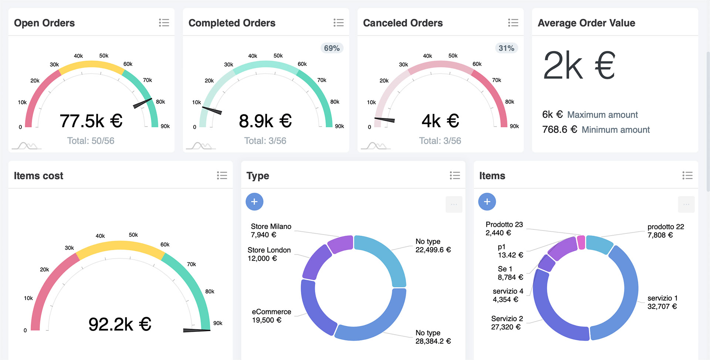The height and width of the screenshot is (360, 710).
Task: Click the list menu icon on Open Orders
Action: click(164, 23)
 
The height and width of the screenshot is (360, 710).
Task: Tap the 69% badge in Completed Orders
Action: click(331, 48)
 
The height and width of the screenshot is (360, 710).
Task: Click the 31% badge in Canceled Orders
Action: click(506, 48)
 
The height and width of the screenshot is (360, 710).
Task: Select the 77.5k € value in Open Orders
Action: click(91, 121)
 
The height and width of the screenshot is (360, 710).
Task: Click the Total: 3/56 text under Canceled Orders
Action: click(440, 141)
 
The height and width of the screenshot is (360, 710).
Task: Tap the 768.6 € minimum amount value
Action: click(559, 129)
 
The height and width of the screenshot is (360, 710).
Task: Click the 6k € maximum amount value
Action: click(552, 114)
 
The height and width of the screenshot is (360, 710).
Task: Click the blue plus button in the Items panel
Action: click(487, 202)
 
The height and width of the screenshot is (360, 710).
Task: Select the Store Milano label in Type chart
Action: click(271, 226)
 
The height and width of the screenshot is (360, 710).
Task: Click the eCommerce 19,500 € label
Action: click(271, 316)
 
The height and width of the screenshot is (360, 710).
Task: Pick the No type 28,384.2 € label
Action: click(433, 337)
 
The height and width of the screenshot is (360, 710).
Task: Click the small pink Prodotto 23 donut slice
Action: click(581, 242)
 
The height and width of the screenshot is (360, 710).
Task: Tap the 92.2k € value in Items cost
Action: click(120, 324)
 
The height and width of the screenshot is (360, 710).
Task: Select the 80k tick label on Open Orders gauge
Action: click(160, 102)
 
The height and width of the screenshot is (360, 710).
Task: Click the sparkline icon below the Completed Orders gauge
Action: click(201, 146)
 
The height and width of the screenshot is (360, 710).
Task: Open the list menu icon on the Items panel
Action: click(687, 175)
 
